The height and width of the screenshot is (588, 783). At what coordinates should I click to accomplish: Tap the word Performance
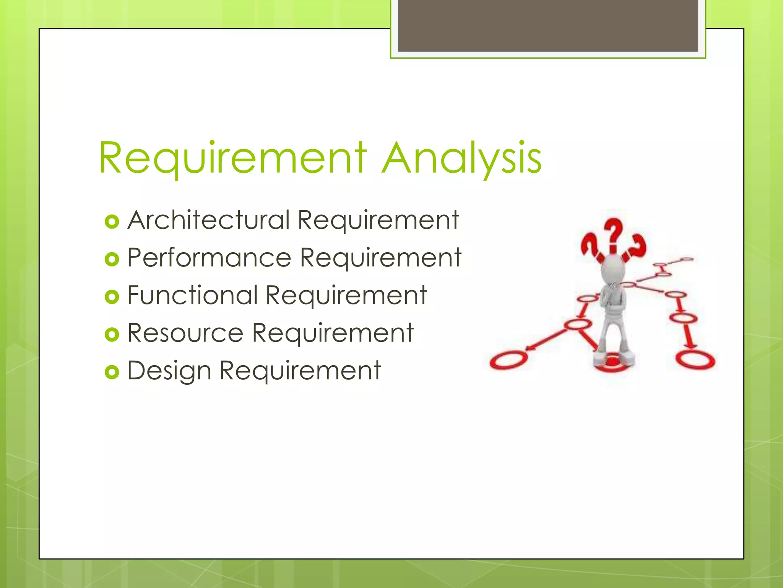209,258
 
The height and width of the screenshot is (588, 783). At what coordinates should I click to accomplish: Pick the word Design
169,371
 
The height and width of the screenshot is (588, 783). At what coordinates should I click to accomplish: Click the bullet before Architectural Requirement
112,222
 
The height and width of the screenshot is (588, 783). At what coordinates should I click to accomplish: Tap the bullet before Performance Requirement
112,260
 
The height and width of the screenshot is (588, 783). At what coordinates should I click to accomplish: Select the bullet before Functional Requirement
112,297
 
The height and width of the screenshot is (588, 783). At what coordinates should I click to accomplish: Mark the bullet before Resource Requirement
112,335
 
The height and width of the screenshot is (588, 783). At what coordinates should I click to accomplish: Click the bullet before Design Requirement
112,372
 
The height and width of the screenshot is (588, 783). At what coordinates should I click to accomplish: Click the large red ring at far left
508,360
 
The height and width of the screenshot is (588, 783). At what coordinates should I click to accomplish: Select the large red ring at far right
695,359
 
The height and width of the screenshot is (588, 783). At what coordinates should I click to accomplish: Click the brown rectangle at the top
548,26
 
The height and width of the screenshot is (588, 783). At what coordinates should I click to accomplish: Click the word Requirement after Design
300,371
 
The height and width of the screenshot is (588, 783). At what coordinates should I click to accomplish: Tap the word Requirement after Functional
346,295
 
